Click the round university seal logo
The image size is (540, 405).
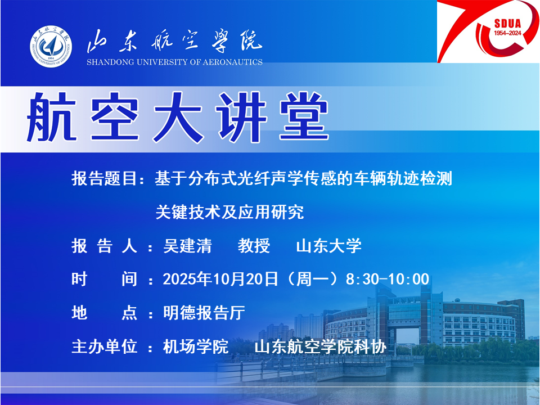coord(51,46)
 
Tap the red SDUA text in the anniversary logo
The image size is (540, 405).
coord(507,24)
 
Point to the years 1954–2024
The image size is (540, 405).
coord(507,33)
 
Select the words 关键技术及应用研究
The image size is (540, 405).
coord(229,212)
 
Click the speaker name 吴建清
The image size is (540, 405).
coord(187,246)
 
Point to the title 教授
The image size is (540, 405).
coord(254,246)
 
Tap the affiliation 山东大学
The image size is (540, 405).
coord(329,246)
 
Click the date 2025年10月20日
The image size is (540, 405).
coord(220,279)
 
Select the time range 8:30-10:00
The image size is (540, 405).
coord(388,279)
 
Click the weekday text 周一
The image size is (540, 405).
coord(312,279)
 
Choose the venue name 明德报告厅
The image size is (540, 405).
coord(204,313)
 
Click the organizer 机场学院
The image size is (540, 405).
coord(196,346)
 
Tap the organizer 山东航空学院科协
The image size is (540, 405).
coord(321,346)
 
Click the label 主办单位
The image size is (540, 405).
coord(105,346)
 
